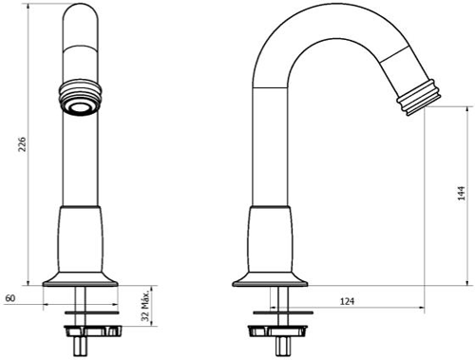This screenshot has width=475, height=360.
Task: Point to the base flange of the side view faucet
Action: coord(274,276)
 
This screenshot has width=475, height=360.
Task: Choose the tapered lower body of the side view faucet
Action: coord(274,237)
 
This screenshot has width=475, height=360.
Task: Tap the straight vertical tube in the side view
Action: coord(273,152)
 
